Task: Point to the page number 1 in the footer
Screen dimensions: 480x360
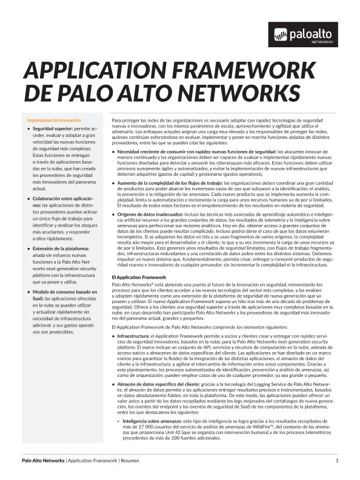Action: tap(336, 462)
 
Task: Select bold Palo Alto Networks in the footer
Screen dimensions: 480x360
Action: tap(43, 462)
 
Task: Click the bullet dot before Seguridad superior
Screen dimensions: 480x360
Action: tap(28, 130)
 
